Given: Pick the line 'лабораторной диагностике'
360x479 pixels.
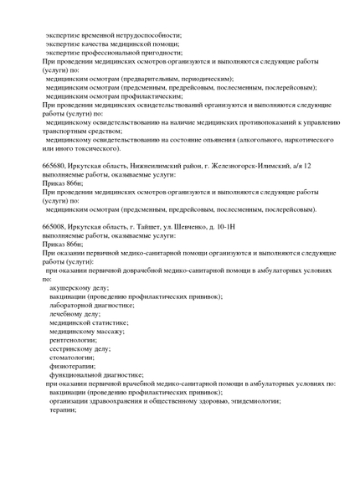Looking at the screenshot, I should click(x=91, y=306).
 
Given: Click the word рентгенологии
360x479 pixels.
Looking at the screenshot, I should click(x=75, y=345).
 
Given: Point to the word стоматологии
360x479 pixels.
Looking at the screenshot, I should click(x=73, y=365).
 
